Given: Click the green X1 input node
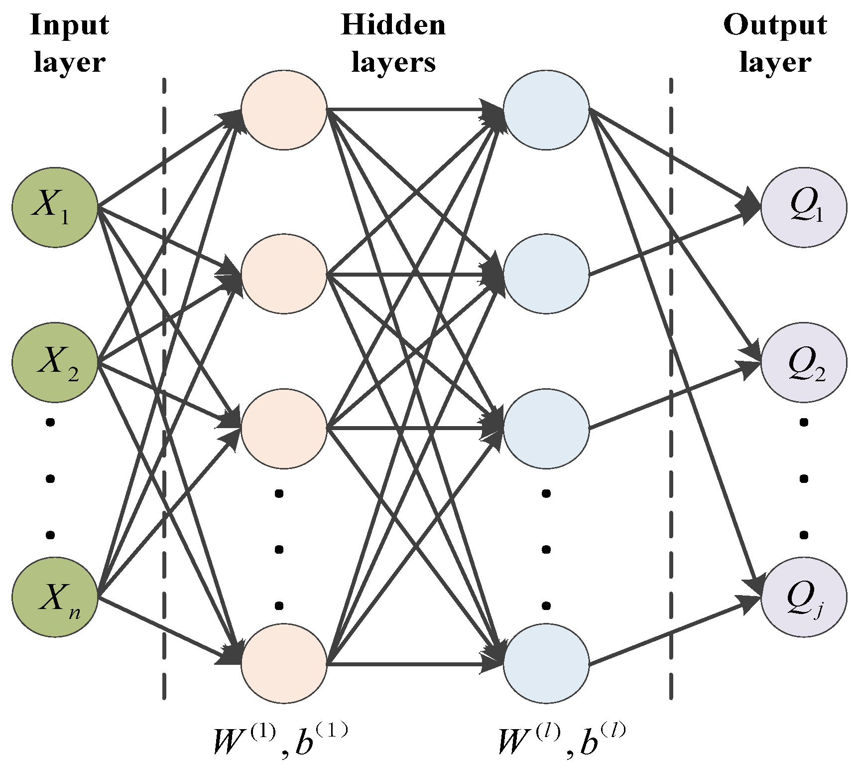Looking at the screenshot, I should click(55, 207).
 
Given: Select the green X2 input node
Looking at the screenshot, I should click(55, 362).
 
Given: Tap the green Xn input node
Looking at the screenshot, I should click(55, 597).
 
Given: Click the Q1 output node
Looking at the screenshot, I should click(804, 207).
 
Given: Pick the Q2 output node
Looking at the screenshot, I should click(804, 362).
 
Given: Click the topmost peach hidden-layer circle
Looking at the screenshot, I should click(284, 110).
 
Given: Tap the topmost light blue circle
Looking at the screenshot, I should click(546, 110).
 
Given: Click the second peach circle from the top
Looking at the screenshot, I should click(284, 274).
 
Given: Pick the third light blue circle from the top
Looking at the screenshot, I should click(546, 429).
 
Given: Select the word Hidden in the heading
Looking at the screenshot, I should click(393, 25).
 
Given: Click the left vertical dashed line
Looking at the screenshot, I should click(164, 389).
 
